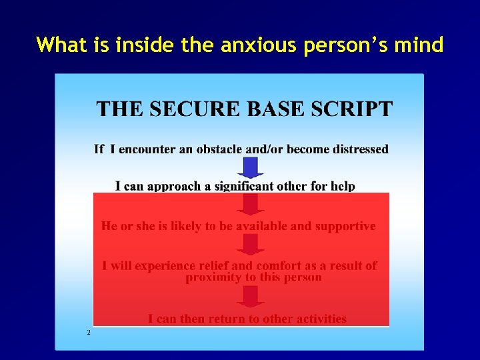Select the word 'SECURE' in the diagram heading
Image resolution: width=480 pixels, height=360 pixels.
[196, 109]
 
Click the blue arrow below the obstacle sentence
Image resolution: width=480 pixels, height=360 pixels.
[251, 167]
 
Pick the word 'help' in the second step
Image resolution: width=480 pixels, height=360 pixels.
[343, 186]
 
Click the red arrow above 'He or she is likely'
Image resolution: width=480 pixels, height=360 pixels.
[251, 204]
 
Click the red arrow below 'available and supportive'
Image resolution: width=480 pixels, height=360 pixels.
[251, 244]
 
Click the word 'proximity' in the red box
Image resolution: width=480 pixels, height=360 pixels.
[213, 277]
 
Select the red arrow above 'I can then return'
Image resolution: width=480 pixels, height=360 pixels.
[251, 297]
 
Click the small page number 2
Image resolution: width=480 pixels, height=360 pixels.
[88, 332]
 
